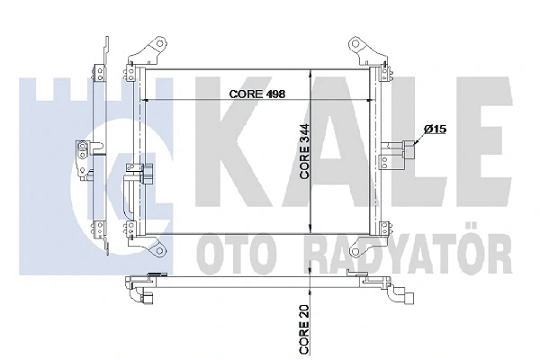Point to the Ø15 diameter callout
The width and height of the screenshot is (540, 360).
pyautogui.click(x=436, y=130)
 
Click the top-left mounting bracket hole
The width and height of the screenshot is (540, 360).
pyautogui.click(x=155, y=43)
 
